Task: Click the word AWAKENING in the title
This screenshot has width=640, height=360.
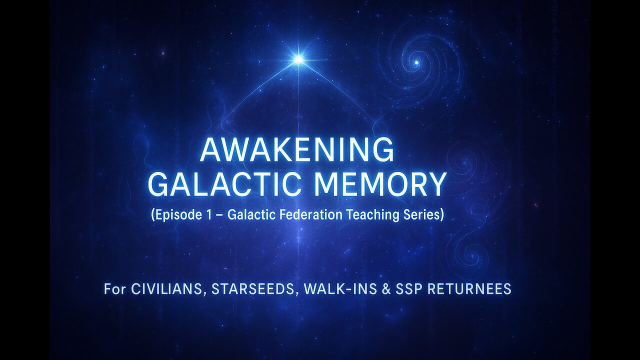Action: tap(297, 150)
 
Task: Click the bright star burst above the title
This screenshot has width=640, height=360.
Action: tap(298, 59)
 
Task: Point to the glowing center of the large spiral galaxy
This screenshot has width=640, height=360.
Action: tap(416, 62)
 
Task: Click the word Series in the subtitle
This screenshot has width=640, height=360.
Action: tap(421, 215)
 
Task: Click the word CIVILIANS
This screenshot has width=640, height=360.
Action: tap(169, 289)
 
